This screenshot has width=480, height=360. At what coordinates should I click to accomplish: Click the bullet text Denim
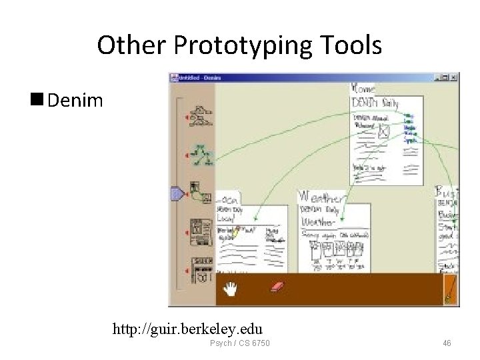[x=75, y=101]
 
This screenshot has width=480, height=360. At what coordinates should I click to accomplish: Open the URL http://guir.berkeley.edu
[x=187, y=329]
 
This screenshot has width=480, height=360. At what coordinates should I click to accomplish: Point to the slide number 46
[x=446, y=343]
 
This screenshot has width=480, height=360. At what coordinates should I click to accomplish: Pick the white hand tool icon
[x=231, y=289]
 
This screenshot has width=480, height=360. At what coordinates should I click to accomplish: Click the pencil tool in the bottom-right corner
[x=451, y=291]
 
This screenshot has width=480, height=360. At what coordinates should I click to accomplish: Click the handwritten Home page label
[x=364, y=89]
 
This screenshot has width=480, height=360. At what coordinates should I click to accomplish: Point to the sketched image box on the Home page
[x=383, y=132]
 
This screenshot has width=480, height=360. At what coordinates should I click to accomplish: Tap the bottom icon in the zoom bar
[x=201, y=269]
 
